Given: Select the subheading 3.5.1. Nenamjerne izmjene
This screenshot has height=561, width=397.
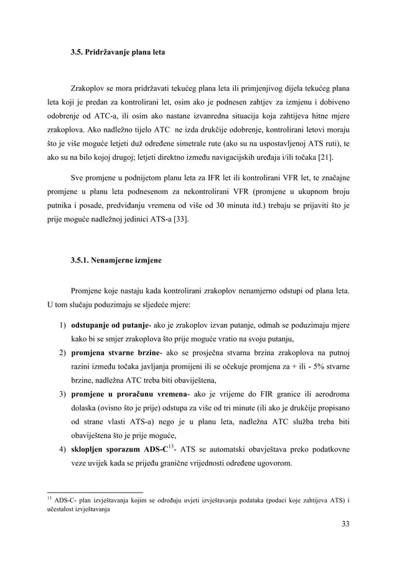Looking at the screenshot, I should coord(116,260).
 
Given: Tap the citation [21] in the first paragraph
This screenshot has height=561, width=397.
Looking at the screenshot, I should coord(334,157).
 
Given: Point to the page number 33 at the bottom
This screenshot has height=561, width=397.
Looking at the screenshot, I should coord(345,524).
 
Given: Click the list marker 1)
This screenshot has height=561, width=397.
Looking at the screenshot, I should coord(63,325).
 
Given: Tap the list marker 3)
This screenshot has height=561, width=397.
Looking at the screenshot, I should coord(63,394).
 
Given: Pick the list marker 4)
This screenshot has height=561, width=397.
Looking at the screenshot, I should coord(63,450).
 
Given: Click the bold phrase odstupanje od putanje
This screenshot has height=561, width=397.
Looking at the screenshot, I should coord(110,325).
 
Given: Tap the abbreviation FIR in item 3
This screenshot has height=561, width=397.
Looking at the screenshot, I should coord(256,394).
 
